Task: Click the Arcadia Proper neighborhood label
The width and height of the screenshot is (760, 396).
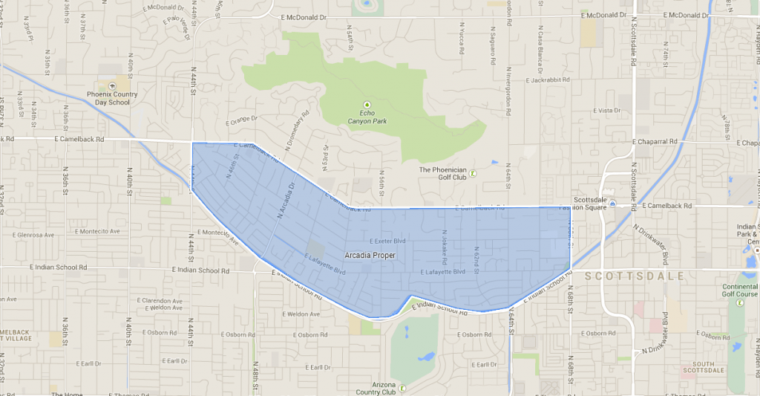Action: click(x=370, y=256)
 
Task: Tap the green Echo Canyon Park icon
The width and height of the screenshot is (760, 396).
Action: click(x=366, y=105)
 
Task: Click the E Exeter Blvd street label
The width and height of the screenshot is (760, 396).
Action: click(x=388, y=241)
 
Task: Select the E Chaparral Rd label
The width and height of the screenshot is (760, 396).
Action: click(x=655, y=141)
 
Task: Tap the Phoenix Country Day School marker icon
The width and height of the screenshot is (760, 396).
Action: click(x=112, y=86)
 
